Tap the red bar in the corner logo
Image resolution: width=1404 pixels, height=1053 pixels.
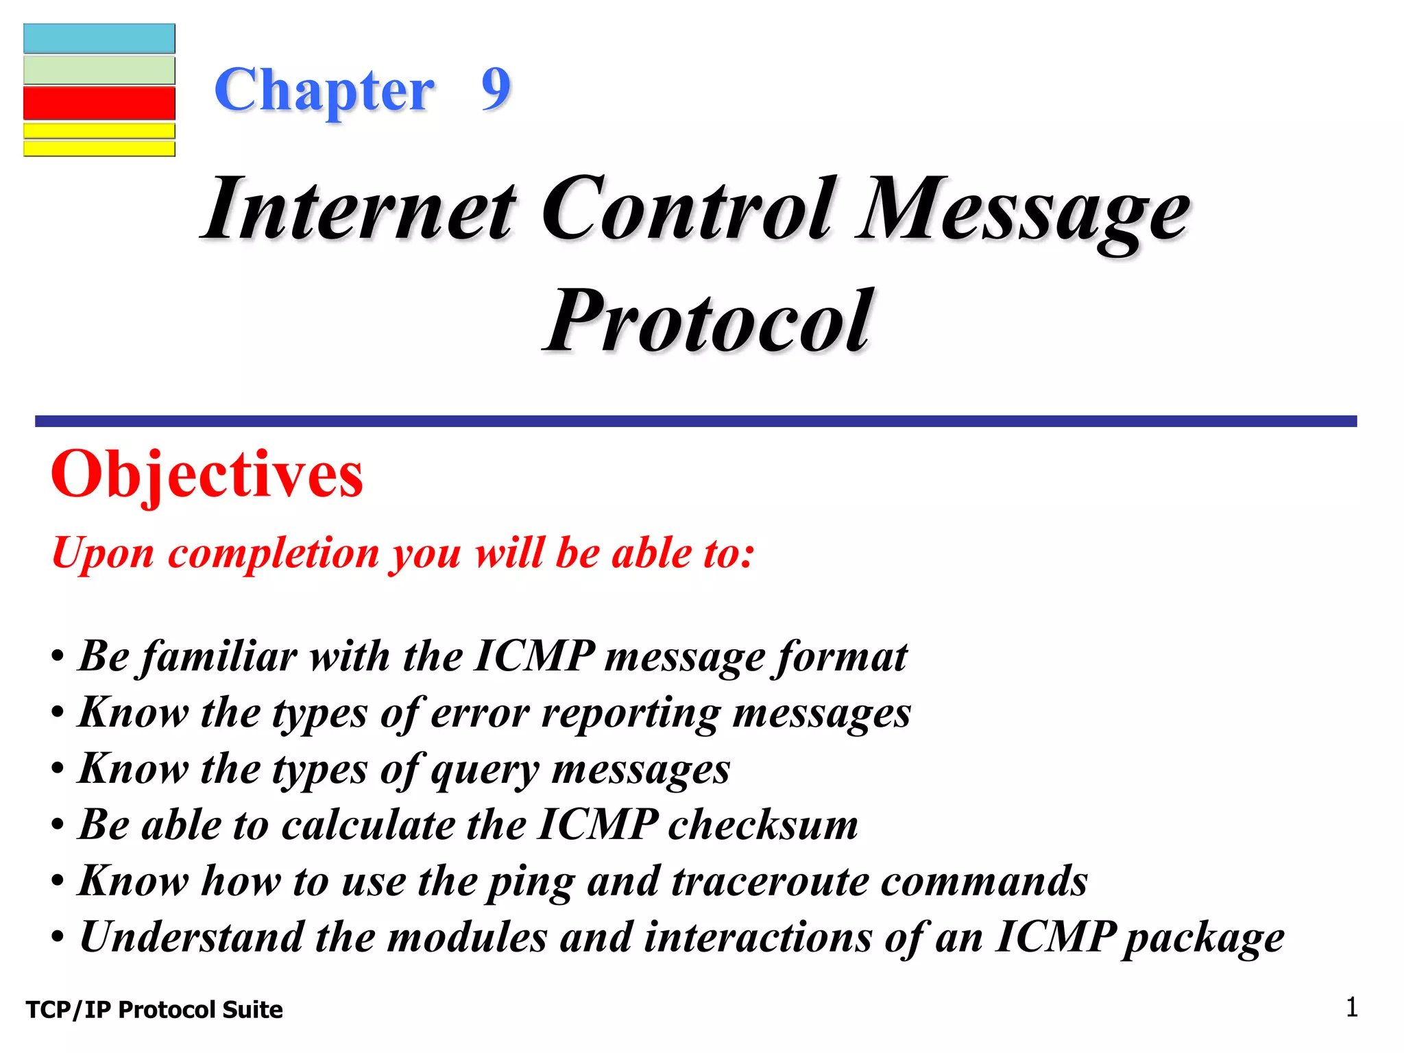(x=99, y=103)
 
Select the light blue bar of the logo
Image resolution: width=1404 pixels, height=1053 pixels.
(x=99, y=38)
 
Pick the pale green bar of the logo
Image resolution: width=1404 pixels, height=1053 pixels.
(x=99, y=70)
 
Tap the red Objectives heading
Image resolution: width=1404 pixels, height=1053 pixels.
(x=207, y=474)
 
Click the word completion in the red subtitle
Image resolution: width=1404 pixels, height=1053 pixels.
(x=274, y=553)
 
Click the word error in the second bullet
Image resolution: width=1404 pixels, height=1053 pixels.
(x=480, y=713)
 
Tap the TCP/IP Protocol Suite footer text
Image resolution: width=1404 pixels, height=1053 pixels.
(x=154, y=1010)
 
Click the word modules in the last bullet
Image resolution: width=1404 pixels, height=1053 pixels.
(x=467, y=937)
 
